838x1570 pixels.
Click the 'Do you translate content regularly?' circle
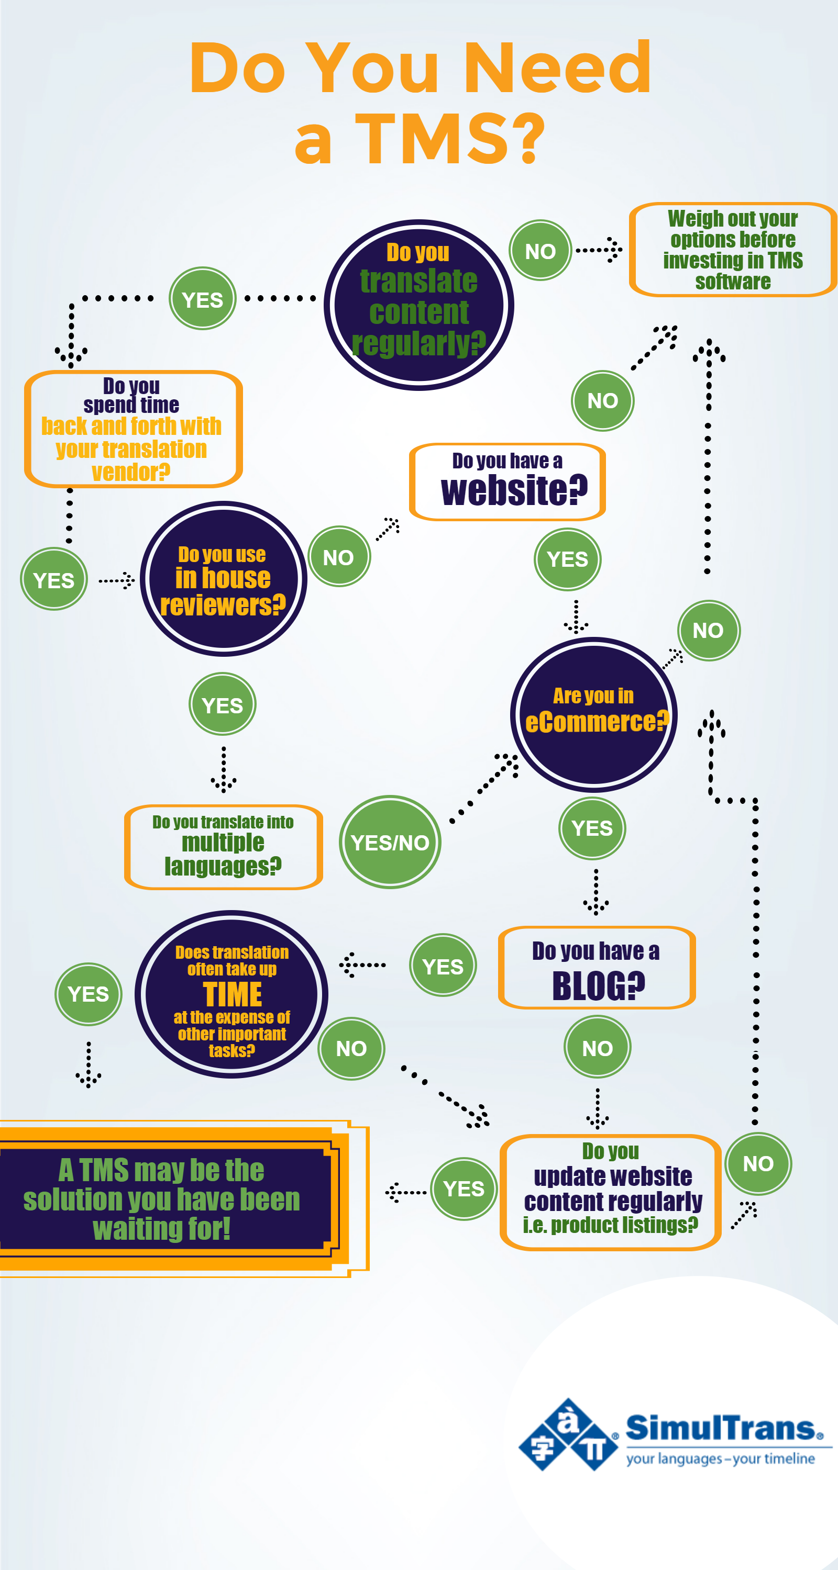coord(418,305)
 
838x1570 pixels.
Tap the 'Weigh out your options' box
coord(733,250)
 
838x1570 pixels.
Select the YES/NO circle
coord(390,842)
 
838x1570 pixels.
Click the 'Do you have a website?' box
coord(508,482)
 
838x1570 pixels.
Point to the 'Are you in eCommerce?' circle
coord(593,714)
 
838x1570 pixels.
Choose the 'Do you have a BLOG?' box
coord(597,967)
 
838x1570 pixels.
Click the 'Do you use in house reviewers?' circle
coord(223,579)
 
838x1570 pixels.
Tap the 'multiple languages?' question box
coord(223,847)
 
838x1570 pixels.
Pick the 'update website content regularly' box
coord(611,1192)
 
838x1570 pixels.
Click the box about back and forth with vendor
coord(133,429)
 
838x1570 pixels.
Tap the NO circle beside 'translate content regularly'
coord(541,251)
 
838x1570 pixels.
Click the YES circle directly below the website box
coord(567,559)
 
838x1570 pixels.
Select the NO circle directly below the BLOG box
coord(597,1047)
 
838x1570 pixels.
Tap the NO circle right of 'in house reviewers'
coord(338,556)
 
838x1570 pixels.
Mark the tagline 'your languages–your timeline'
coord(720,1459)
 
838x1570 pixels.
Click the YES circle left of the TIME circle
coord(89,994)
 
